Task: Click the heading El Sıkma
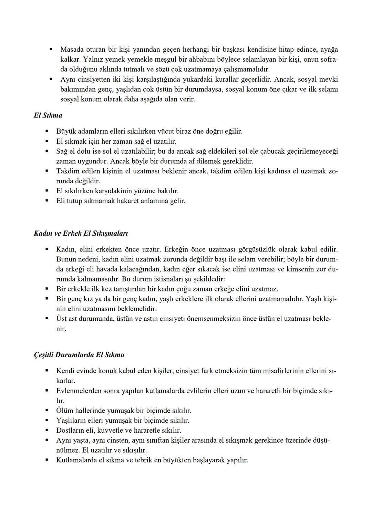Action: pyautogui.click(x=48, y=115)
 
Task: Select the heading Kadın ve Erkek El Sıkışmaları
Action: pyautogui.click(x=81, y=233)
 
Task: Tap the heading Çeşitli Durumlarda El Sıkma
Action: pyautogui.click(x=79, y=355)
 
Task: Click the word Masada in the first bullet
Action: pyautogui.click(x=72, y=50)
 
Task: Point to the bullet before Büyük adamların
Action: pyautogui.click(x=46, y=131)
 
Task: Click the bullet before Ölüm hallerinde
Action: pyautogui.click(x=46, y=411)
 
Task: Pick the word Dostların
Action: pyautogui.click(x=71, y=430)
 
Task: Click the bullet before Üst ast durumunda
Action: pyautogui.click(x=46, y=319)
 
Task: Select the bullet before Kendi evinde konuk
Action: pyautogui.click(x=46, y=371)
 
